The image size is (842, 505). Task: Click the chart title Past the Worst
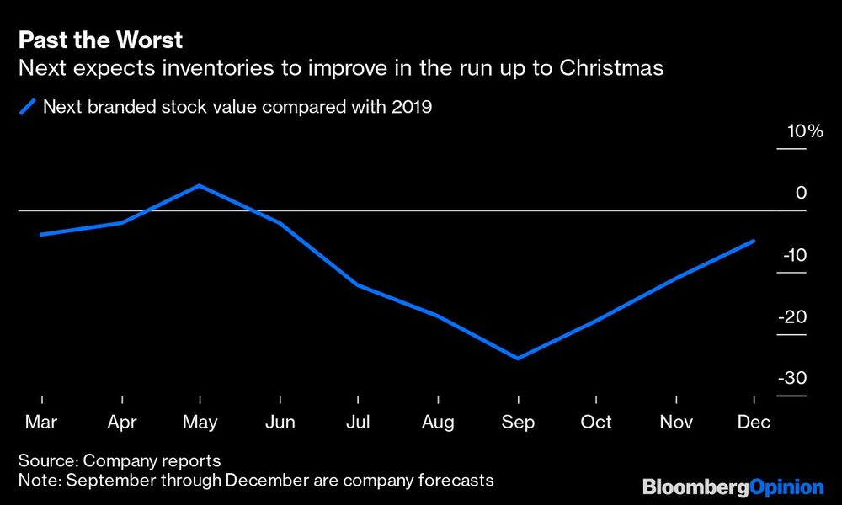pyautogui.click(x=100, y=40)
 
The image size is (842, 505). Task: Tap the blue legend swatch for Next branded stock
pyautogui.click(x=29, y=107)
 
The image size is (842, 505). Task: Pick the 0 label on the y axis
pyautogui.click(x=801, y=193)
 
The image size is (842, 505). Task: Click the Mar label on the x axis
pyautogui.click(x=41, y=422)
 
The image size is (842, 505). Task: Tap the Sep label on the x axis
pyautogui.click(x=518, y=422)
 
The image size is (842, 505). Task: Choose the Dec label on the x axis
pyautogui.click(x=754, y=422)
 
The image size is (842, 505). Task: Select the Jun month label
pyautogui.click(x=280, y=422)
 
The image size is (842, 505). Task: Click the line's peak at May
pyautogui.click(x=200, y=185)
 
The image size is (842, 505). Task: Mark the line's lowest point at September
pyautogui.click(x=517, y=359)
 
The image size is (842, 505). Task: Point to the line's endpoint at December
pyautogui.click(x=754, y=241)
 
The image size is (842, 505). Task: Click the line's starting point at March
pyautogui.click(x=41, y=234)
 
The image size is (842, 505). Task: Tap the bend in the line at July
pyautogui.click(x=358, y=285)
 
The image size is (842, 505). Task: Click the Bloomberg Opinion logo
pyautogui.click(x=733, y=486)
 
